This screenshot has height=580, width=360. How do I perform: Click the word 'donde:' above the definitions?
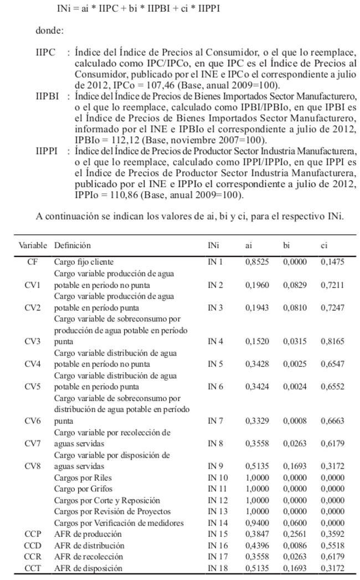[x=49, y=32]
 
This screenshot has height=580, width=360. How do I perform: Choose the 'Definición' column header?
[x=72, y=245]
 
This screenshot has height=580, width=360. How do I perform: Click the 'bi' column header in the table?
[x=286, y=245]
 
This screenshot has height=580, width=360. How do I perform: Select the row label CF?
[x=32, y=261]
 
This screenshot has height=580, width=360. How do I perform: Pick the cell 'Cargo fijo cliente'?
[x=84, y=261]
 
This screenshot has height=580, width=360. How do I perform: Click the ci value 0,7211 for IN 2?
[x=332, y=285]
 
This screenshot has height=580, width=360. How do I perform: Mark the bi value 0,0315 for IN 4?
[x=295, y=341]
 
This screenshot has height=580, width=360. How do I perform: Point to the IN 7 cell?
[x=215, y=420]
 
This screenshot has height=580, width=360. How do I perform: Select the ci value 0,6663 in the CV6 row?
[x=332, y=420]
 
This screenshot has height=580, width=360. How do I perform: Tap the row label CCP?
[x=33, y=534]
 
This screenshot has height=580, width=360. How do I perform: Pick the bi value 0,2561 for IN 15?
[x=295, y=534]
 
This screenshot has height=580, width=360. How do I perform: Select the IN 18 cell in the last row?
[x=218, y=568]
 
